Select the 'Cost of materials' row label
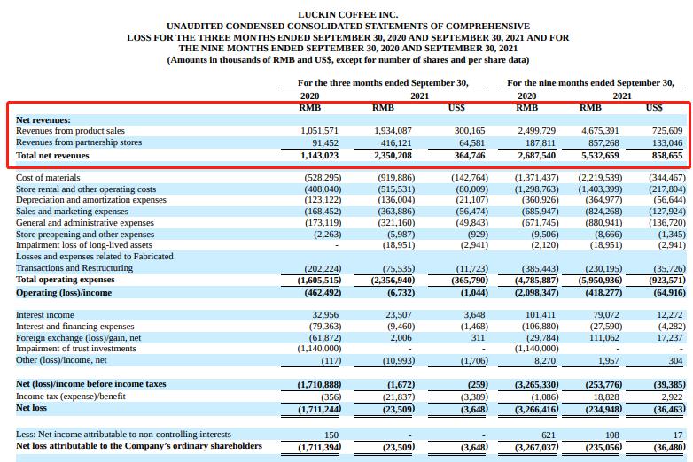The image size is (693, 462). click(50, 178)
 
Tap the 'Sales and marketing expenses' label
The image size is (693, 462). click(73, 212)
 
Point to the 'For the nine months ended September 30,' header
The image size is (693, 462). click(590, 83)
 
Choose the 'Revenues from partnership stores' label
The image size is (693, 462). click(79, 142)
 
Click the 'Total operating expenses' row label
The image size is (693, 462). click(64, 280)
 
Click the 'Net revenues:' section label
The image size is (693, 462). click(43, 119)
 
